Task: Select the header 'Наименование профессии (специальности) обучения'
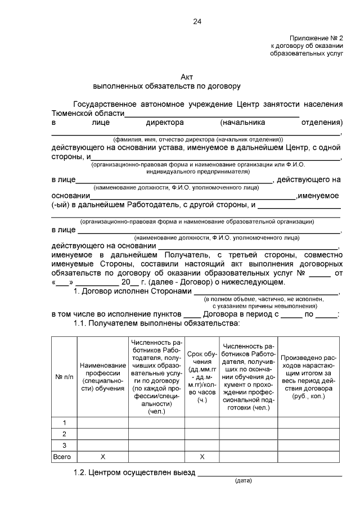coord(103,376)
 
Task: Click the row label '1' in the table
coord(64,423)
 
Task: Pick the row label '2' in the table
coord(64,434)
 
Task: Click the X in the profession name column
coord(103,457)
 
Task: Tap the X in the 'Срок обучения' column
coord(202,457)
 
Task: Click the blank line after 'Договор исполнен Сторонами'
coord(267,292)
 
